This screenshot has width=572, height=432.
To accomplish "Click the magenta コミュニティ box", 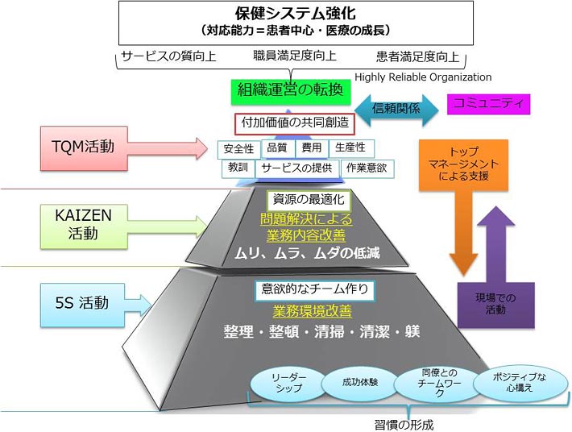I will (x=488, y=103).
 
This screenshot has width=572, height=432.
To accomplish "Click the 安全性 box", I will (x=238, y=148).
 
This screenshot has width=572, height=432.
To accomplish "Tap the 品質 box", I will (x=276, y=148).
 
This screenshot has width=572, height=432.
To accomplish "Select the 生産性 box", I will (x=350, y=148).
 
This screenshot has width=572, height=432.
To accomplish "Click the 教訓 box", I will (x=238, y=168).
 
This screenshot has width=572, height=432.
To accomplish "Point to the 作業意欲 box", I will (x=367, y=168).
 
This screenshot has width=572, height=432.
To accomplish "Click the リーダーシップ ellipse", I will (x=288, y=383).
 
